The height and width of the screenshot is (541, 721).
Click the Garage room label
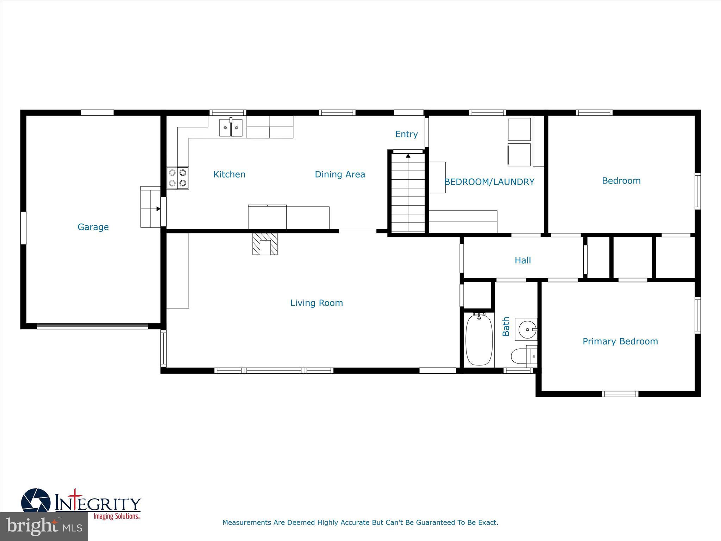pos(93,227)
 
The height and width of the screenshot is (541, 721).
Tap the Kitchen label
pos(229,174)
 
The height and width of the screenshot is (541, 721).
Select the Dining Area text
pos(340,174)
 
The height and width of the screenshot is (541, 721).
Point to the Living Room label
pos(316,303)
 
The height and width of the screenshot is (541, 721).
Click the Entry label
pos(406,134)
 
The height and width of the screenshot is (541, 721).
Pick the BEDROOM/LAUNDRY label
pos(489,182)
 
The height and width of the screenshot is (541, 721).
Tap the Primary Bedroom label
pos(620,341)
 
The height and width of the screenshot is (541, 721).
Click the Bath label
pos(506,326)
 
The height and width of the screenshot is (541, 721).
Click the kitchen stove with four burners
pos(177,178)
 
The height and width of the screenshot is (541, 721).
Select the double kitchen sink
pos(231,128)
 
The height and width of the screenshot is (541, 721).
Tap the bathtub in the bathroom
pos(479,340)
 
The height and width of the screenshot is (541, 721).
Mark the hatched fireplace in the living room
pos(265,243)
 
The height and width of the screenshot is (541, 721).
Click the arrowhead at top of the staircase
pos(408,155)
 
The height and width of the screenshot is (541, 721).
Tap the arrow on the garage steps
pos(158,209)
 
